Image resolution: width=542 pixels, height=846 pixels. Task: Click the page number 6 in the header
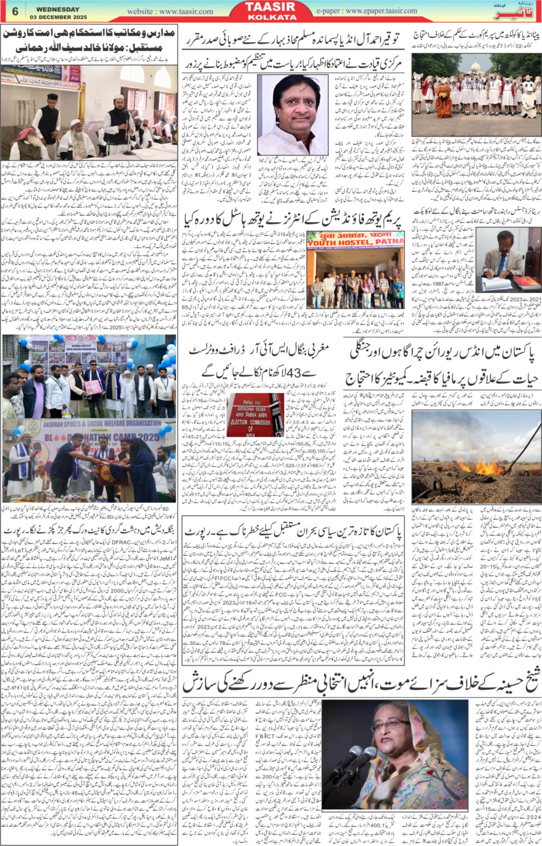15,11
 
